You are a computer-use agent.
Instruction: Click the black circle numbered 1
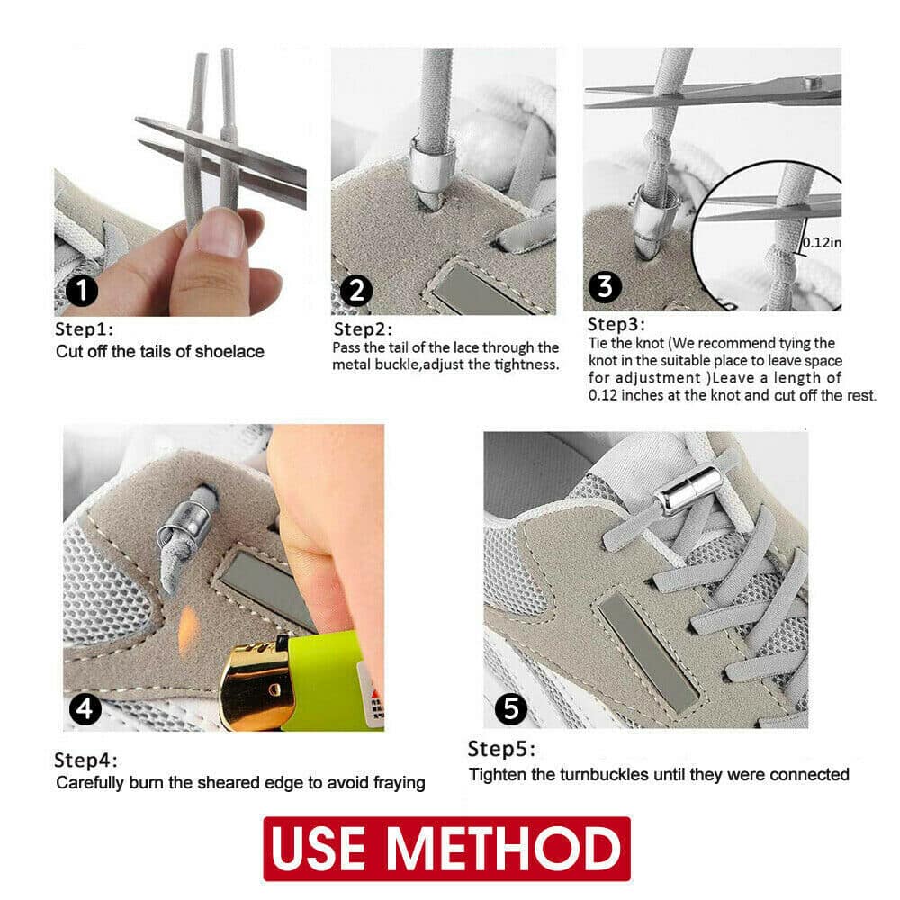point(82,291)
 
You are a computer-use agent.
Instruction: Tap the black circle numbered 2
point(356,291)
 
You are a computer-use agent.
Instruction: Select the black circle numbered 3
point(605,286)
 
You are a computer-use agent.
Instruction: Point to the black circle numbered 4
point(85,709)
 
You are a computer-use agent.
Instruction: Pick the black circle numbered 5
point(511,708)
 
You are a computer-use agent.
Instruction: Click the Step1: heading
point(84,328)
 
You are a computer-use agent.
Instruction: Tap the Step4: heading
point(85,760)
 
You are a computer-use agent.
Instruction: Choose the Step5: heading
point(501,749)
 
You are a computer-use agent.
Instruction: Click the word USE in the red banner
point(319,848)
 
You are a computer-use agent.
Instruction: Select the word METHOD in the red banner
point(504,848)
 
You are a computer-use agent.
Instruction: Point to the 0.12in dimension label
point(822,242)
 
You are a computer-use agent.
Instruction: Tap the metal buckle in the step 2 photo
point(432,164)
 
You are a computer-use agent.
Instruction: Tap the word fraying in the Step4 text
point(400,783)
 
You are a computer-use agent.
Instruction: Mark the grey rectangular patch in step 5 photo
point(648,652)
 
